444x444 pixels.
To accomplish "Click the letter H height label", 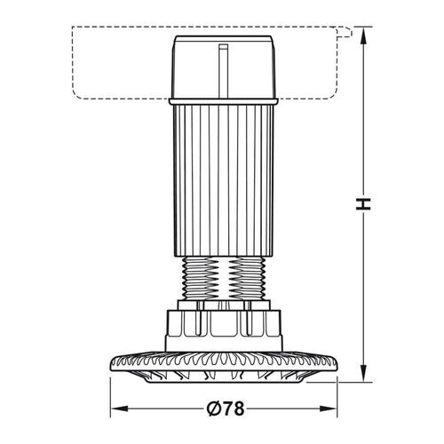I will (x=361, y=203).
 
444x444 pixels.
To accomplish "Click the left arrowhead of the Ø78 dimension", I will (x=116, y=410).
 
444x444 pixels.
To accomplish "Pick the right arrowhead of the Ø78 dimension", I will (x=335, y=410).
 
